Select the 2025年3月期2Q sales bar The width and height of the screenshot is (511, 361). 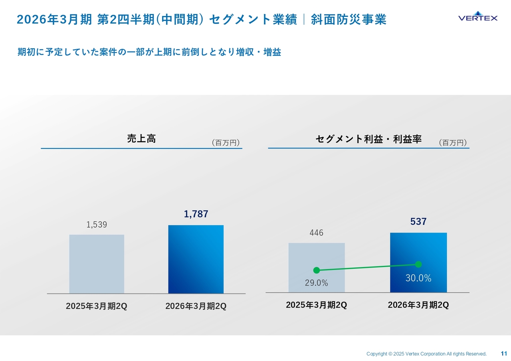pos(97,264)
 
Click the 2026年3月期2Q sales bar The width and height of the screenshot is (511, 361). pos(196,259)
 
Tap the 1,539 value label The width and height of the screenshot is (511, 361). pos(97,225)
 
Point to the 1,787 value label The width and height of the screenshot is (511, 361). pos(196,214)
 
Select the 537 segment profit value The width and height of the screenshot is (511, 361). pos(418,222)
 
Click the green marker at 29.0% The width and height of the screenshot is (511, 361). pos(317,270)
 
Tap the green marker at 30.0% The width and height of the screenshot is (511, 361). pos(418,264)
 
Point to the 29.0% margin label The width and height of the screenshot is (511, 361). pos(316,283)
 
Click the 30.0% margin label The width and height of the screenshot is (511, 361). pos(418,278)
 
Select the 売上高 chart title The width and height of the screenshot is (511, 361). pos(141,139)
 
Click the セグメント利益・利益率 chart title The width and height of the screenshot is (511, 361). pos(368,139)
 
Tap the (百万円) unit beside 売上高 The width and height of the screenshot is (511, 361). pos(226,142)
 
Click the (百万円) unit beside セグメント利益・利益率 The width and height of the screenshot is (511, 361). pos(453,142)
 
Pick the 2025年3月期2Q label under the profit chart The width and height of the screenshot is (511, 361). pos(316,305)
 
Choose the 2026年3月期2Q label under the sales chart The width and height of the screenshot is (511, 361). pos(196,306)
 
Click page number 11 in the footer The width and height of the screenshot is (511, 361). pos(504,353)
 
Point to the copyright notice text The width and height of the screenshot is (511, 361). pos(426,354)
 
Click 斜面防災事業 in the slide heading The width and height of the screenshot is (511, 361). pos(349,20)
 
